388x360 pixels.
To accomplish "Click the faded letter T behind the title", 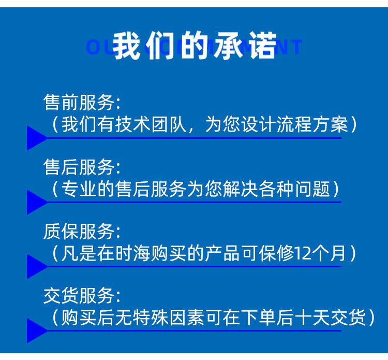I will pos(296,47).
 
